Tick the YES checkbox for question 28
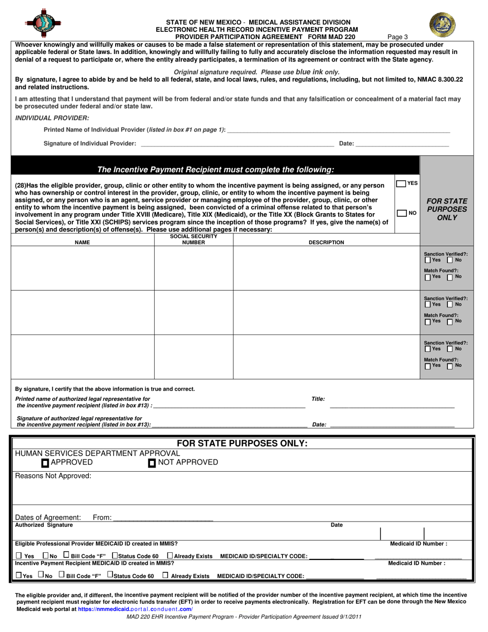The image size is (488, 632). [x=401, y=183]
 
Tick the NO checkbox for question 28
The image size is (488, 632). [x=402, y=213]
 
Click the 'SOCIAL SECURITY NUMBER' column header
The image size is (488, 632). [x=194, y=239]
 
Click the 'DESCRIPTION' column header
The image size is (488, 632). [x=326, y=243]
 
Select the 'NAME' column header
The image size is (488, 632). [x=82, y=243]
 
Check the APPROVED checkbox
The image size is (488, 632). [x=46, y=463]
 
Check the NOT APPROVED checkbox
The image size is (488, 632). [x=152, y=463]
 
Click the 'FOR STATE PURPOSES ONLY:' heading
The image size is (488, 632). [x=242, y=443]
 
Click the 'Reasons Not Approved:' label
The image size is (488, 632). [x=53, y=476]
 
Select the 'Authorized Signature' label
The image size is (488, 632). [x=44, y=525]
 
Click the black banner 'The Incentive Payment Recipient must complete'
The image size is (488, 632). [x=216, y=170]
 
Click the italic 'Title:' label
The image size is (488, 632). [x=318, y=399]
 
